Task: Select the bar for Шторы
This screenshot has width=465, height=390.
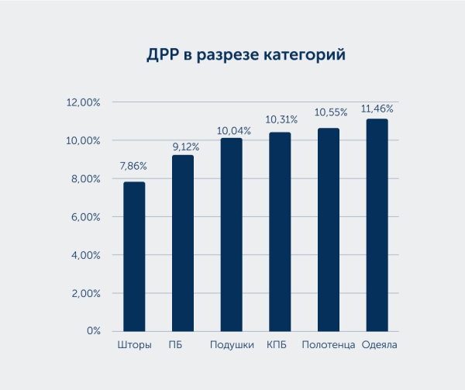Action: [x=134, y=257]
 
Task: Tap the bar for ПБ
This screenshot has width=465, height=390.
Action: [x=183, y=243]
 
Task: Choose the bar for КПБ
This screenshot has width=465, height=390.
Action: [x=280, y=232]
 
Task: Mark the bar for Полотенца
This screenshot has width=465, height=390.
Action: [x=329, y=230]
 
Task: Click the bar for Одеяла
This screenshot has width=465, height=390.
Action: [x=377, y=226]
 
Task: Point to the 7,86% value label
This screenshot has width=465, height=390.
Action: [x=133, y=167]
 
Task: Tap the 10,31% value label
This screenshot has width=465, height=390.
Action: [x=281, y=119]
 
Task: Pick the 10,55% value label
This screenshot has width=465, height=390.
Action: [x=330, y=113]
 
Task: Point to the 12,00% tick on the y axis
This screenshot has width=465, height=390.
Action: [x=83, y=103]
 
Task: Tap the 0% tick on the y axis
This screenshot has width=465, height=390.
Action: [x=94, y=331]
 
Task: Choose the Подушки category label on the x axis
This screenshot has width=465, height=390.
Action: [x=232, y=345]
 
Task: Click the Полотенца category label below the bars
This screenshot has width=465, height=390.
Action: [x=329, y=345]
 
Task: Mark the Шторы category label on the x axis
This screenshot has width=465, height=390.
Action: [x=134, y=345]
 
